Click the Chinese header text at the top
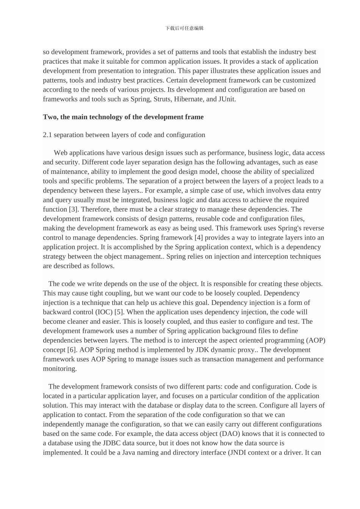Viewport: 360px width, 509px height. (185, 28)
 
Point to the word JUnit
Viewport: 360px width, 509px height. (226, 99)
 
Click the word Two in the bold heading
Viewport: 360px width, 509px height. (49, 117)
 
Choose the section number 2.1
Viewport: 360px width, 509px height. (47, 135)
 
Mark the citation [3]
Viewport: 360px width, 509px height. (74, 209)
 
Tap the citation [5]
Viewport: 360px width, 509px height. (119, 312)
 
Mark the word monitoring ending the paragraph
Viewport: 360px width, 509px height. (59, 369)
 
